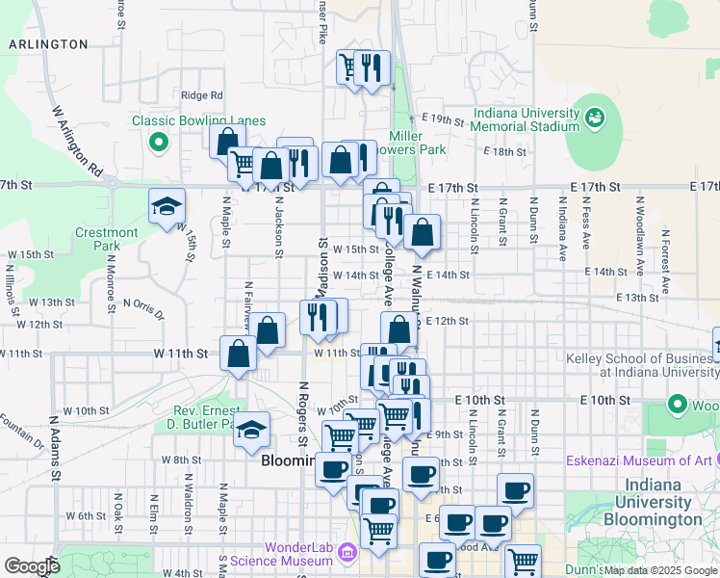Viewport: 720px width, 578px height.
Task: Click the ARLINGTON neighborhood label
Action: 48,44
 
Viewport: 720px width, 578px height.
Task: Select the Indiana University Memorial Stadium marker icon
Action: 594,117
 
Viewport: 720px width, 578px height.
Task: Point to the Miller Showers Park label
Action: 418,143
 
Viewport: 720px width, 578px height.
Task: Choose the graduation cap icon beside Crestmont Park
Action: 166,205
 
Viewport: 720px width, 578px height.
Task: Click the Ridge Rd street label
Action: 201,95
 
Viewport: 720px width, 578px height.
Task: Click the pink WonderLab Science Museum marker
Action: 347,552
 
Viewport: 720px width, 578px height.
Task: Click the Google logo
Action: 31,566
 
